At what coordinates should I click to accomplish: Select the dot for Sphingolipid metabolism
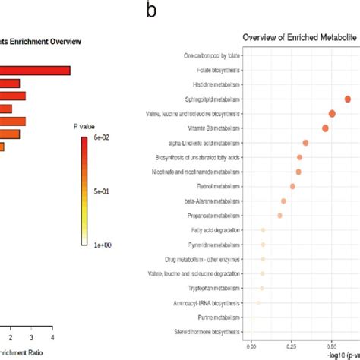coord(348,99)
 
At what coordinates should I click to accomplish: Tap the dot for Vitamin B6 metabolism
coord(325,128)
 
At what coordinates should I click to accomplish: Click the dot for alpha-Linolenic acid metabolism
coord(305,143)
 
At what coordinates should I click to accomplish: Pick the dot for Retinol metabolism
coord(292,186)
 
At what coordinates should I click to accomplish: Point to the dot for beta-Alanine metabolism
coord(283,201)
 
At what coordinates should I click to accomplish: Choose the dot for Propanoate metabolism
coord(279,216)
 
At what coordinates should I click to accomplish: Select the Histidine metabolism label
coord(216,84)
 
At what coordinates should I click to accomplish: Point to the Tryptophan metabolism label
coord(213,288)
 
